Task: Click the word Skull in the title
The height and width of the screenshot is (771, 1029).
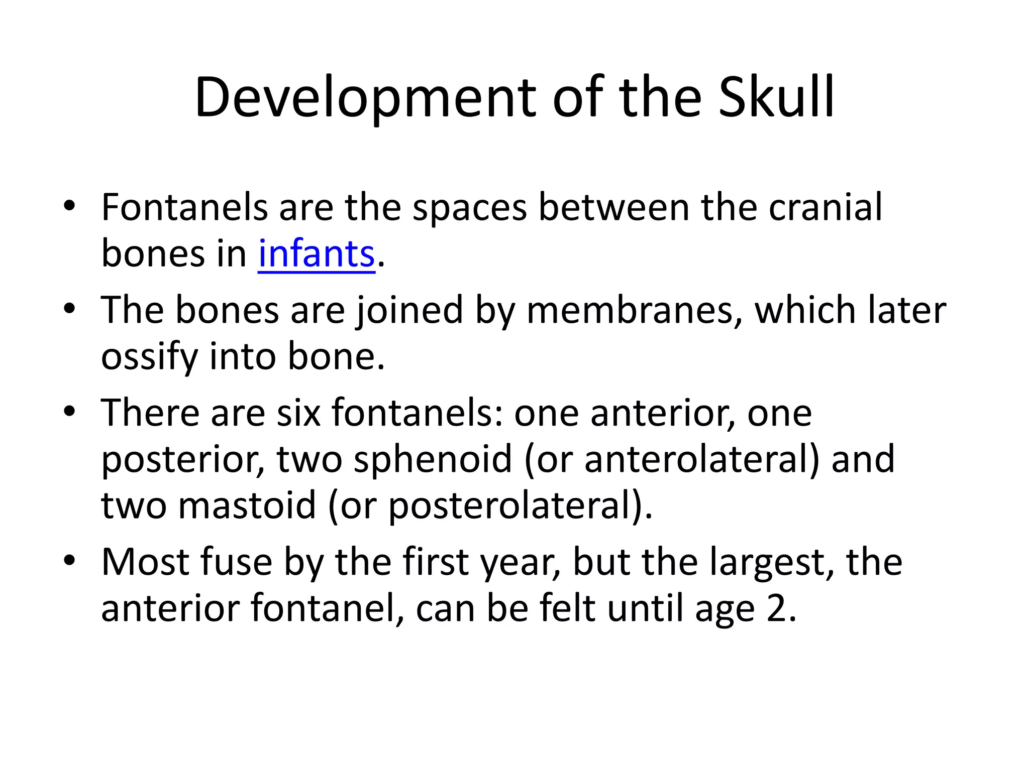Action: (776, 97)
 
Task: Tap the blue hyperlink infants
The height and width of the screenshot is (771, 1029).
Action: (317, 254)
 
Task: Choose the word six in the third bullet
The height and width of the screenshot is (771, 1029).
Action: (298, 413)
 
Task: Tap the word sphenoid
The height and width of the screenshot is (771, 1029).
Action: (433, 459)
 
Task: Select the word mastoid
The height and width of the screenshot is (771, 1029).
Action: (247, 505)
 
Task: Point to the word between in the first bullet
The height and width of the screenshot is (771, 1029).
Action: (613, 207)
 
